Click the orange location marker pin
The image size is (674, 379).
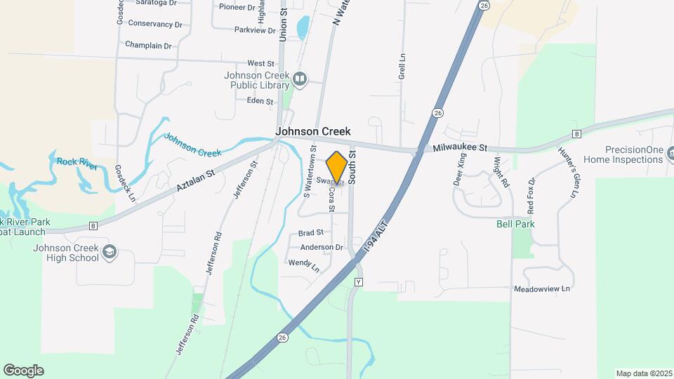point(336,168)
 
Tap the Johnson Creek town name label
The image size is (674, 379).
point(312,131)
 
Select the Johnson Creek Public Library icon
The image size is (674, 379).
point(300,79)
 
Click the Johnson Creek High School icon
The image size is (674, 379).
point(110,252)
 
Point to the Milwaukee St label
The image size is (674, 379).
point(460,147)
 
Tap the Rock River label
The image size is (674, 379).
point(77,161)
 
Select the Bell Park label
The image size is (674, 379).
point(517,224)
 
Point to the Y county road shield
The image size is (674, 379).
point(359,281)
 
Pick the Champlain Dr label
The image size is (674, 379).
point(148,46)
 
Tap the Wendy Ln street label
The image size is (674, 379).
point(304,265)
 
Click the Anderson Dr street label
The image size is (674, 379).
point(322,247)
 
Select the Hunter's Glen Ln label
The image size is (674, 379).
point(567,172)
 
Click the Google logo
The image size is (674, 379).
point(23,371)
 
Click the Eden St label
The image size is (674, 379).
point(260,101)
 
